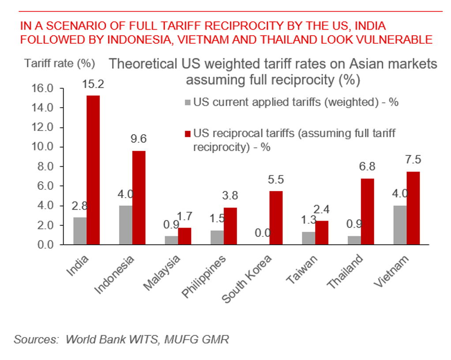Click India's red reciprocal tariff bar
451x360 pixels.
[93, 170]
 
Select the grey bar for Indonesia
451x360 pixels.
[125, 225]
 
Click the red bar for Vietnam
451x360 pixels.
[413, 208]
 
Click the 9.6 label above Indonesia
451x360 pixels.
[138, 139]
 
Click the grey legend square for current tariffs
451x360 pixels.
[188, 102]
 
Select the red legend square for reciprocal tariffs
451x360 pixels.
[188, 134]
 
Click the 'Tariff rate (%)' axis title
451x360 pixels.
[60, 63]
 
